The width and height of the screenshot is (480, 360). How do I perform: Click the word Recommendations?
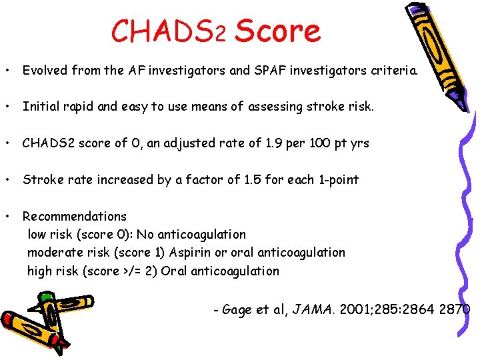[x=74, y=216]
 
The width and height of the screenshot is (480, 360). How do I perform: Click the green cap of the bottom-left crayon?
[x=45, y=293]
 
